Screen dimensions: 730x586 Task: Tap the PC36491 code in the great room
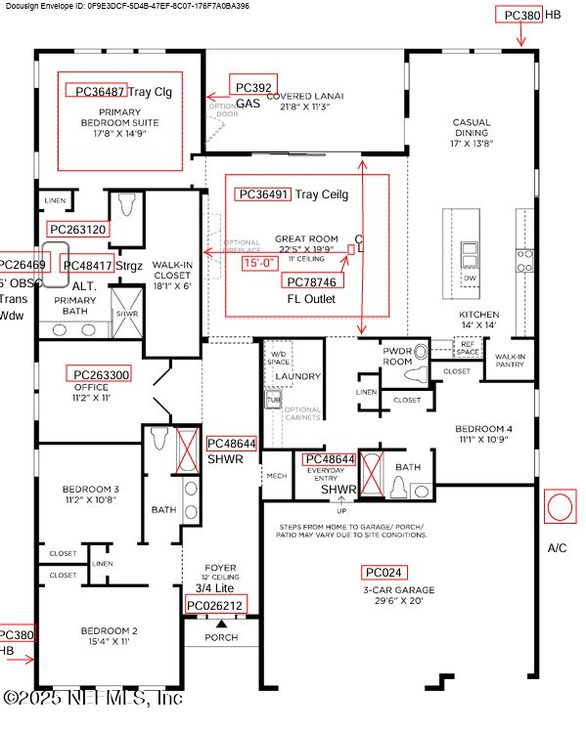pos(262,194)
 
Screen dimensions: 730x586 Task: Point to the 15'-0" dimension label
pos(261,262)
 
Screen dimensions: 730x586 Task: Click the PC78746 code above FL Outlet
pos(312,281)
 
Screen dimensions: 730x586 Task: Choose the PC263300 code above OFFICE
pos(101,374)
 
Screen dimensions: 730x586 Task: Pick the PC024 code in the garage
pos(383,572)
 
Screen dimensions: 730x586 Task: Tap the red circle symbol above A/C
pos(559,508)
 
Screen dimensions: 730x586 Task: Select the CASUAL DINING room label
pos(471,133)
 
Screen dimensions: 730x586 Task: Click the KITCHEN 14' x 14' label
pos(478,320)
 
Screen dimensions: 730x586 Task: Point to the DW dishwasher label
pos(471,279)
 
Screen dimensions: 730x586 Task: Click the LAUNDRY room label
pos(297,375)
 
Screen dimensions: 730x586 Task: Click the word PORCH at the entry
pos(221,638)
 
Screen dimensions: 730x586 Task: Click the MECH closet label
pos(276,476)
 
